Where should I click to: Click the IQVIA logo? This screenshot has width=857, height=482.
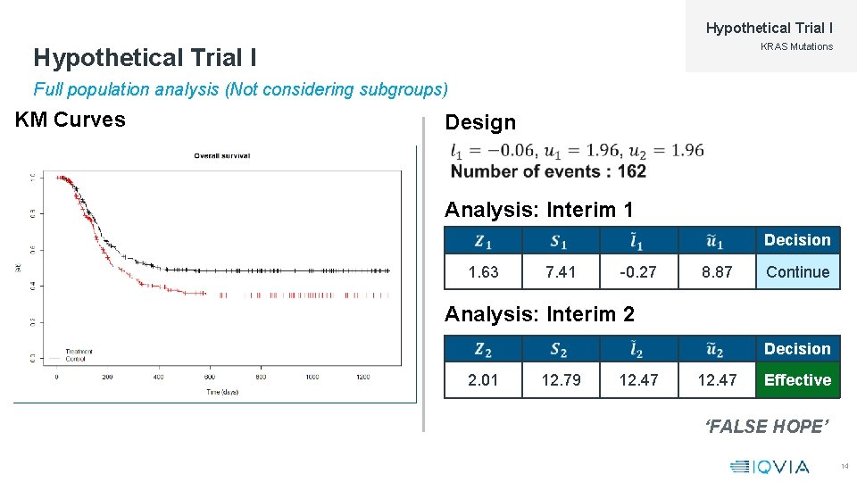pos(770,466)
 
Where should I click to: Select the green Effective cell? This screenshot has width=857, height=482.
pos(797,380)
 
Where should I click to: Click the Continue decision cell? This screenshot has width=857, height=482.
pos(797,272)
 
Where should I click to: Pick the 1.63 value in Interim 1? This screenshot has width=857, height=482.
pos(483,272)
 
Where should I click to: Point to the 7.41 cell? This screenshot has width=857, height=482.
pos(561,272)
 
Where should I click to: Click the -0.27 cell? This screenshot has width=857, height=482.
pos(638,272)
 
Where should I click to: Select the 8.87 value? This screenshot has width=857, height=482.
pos(717,272)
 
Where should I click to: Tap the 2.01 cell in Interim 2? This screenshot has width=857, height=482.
pos(483,380)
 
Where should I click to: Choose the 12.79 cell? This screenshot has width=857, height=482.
pos(561,380)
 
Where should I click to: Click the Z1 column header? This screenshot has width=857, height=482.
pos(483,240)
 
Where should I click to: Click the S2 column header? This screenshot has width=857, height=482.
pos(561,349)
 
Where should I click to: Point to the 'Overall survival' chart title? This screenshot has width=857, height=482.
pos(222,155)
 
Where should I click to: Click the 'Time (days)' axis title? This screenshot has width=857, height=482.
pos(222,392)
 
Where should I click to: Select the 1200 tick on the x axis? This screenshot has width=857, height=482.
pos(362,378)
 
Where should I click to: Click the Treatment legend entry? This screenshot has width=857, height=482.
pos(79,351)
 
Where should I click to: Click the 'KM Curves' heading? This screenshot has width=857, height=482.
pos(71,120)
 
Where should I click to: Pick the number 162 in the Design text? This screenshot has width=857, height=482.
pos(630,171)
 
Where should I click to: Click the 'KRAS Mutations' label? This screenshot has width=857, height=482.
pos(796,46)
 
